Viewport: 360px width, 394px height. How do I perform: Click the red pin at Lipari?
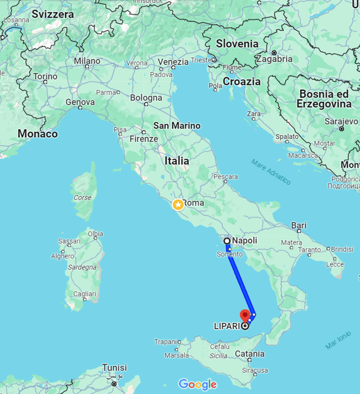point(246,315)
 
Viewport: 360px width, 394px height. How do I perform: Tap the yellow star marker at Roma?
point(178,204)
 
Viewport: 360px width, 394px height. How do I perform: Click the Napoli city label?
point(244,240)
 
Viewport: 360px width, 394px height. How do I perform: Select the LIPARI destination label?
point(227,326)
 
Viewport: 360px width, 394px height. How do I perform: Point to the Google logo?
point(198,384)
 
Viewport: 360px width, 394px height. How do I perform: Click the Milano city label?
point(87,61)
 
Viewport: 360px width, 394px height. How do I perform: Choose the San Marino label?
point(177,126)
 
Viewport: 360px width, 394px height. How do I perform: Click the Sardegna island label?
point(82,267)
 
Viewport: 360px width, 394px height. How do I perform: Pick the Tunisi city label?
point(114,368)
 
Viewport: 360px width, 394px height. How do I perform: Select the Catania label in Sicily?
point(250,354)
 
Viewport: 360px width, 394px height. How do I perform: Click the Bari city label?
point(299,225)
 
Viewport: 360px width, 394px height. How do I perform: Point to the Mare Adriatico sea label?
point(271,172)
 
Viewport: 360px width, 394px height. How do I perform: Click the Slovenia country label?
point(237,44)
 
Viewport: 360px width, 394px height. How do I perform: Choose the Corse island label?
point(83,197)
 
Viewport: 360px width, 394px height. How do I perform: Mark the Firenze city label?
point(143,139)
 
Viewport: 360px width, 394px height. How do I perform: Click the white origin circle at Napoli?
point(227,240)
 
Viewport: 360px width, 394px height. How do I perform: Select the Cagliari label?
point(85,293)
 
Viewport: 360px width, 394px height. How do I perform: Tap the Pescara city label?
point(225,177)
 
